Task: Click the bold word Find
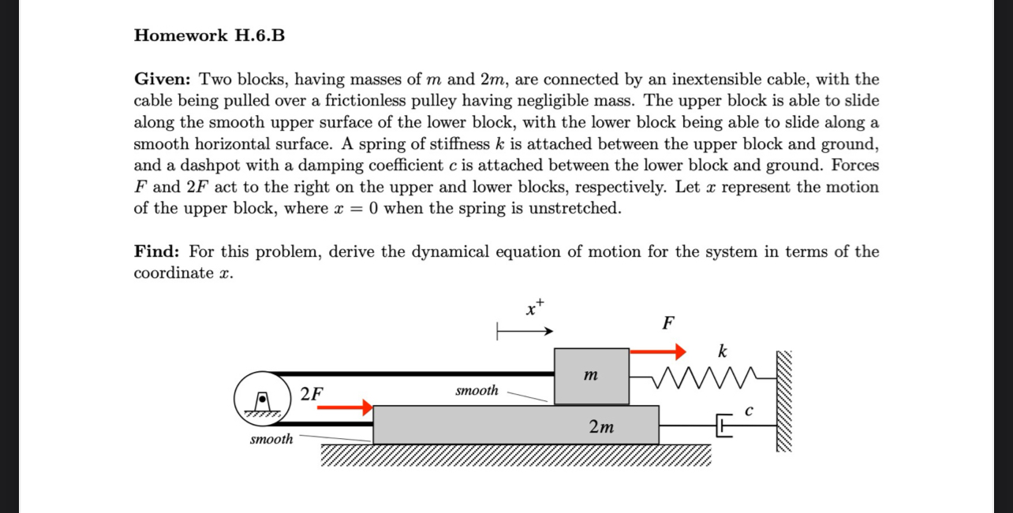[156, 252]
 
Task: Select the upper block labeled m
[592, 377]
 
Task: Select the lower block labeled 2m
[516, 426]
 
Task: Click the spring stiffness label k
[722, 351]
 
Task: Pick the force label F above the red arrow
[668, 323]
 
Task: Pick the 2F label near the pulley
[311, 393]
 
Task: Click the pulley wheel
[260, 398]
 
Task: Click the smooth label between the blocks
[477, 390]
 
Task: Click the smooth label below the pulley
[271, 439]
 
